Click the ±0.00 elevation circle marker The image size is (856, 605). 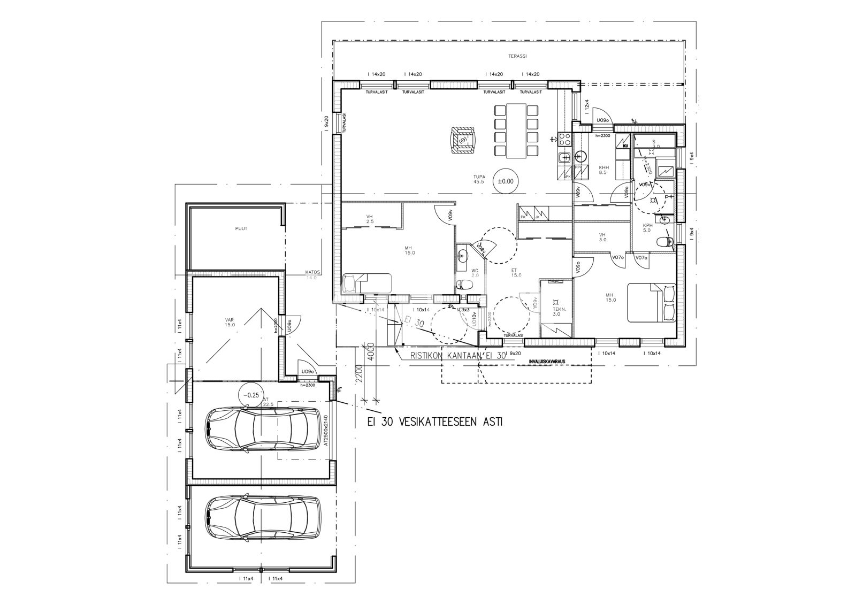(505, 181)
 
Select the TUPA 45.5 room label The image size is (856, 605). (478, 179)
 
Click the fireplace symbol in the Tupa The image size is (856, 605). (462, 140)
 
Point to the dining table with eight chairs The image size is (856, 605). (516, 131)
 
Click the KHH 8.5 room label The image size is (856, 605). (603, 170)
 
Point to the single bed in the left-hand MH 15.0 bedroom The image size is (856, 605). (367, 282)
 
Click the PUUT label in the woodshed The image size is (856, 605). (241, 228)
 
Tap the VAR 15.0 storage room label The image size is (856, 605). (230, 323)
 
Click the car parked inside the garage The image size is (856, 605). (257, 430)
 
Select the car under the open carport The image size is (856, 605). (257, 519)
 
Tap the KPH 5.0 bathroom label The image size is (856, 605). (647, 228)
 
